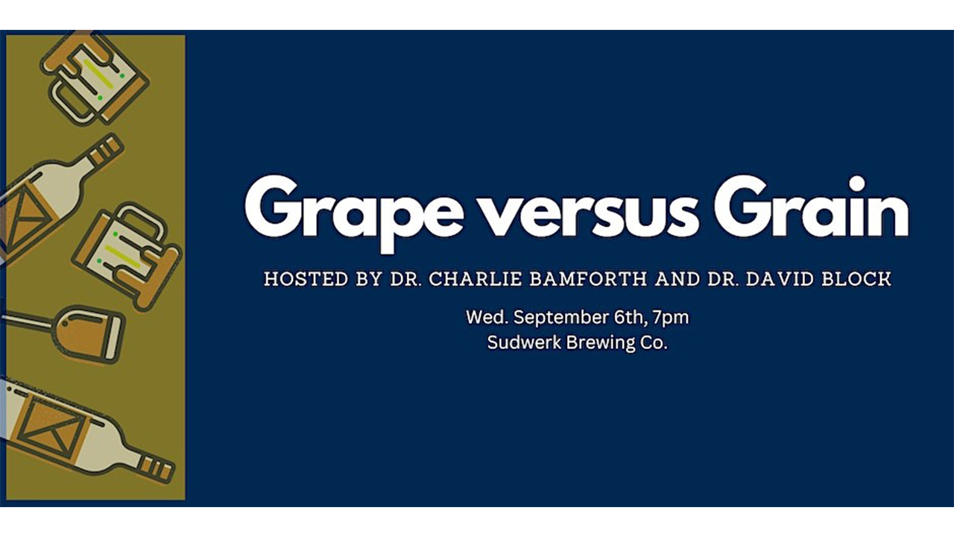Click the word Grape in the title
coord(353,214)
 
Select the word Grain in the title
coord(812,207)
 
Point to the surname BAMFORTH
coord(589,279)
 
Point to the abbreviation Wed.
coord(487,318)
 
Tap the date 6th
coord(631,318)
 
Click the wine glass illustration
coord(64,333)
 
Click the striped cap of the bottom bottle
coord(157,470)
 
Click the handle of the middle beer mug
coord(142,222)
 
